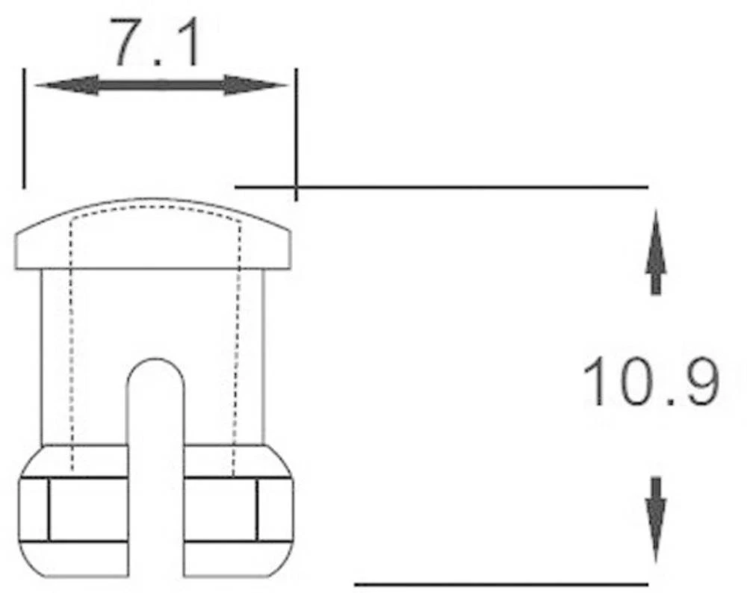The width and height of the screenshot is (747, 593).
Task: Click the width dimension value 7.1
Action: pos(156,44)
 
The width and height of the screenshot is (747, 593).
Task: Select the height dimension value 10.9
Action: pos(651,382)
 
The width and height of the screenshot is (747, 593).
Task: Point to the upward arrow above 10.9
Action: pos(655,250)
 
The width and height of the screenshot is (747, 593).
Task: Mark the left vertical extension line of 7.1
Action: pos(24,127)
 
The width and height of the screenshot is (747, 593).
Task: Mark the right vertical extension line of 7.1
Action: pos(296,134)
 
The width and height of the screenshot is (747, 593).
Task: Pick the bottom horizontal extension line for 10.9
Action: pos(500,583)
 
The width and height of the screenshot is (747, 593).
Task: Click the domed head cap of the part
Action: pos(153,235)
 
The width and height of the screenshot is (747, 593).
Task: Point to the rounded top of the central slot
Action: pos(155,366)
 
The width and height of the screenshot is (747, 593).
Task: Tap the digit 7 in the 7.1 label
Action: pos(125,44)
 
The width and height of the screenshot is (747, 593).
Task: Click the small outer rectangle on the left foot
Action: pos(34,510)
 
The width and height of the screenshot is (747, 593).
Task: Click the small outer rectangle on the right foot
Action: pos(275,510)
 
